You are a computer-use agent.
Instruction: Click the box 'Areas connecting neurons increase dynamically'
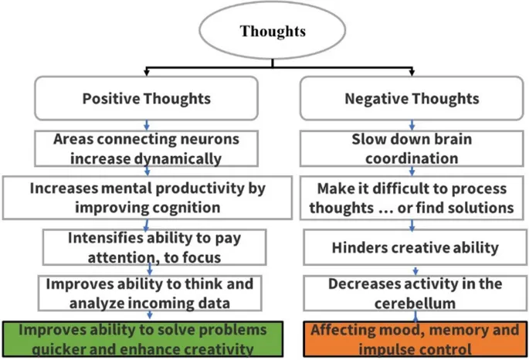pyautogui.click(x=148, y=149)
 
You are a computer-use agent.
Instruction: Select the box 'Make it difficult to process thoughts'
pyautogui.click(x=412, y=199)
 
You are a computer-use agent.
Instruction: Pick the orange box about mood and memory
pyautogui.click(x=415, y=338)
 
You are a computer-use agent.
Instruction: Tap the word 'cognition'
pyautogui.click(x=186, y=207)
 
